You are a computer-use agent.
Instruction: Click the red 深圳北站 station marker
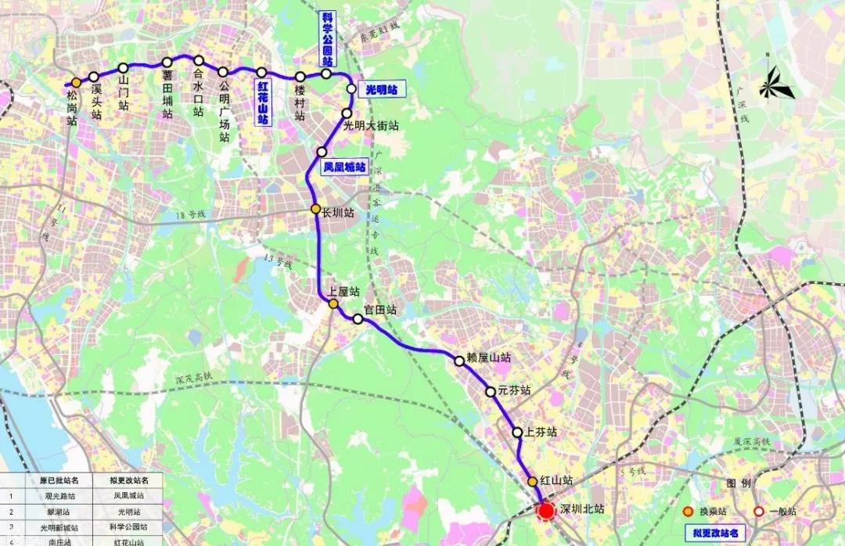[546, 512]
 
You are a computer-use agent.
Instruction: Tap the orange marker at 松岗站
[76, 82]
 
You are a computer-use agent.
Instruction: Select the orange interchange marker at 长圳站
[315, 210]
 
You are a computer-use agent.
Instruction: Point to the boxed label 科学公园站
[327, 40]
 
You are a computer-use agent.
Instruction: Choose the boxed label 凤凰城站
[344, 167]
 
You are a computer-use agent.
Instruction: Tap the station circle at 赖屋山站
[459, 361]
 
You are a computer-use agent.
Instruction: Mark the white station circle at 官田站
[358, 319]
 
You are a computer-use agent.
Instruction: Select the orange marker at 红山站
[533, 482]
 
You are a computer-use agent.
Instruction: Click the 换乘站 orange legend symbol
[688, 512]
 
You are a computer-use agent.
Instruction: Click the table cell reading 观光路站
[58, 496]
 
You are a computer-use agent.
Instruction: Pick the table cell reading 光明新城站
[58, 527]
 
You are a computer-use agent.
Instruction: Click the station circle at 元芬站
[491, 392]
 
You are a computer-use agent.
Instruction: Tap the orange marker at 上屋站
[333, 304]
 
